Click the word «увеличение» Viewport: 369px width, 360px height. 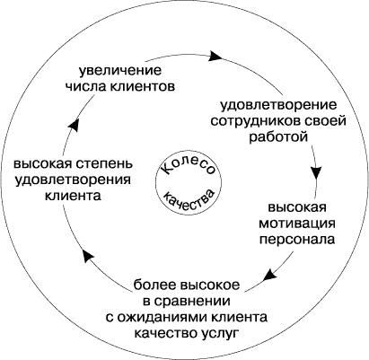click(120, 71)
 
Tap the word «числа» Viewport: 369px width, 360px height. click(82, 87)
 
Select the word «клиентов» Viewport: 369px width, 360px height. click(139, 87)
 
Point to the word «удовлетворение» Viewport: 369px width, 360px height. click(278, 106)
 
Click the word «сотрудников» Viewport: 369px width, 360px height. click(254, 122)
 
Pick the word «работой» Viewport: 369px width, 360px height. click(278, 137)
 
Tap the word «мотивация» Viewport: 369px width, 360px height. click(297, 224)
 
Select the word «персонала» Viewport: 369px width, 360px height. click(297, 240)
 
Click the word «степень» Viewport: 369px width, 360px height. click(106, 165)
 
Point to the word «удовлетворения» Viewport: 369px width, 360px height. click(73, 180)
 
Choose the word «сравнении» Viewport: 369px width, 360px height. click(192, 302)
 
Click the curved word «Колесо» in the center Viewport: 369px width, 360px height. click(189, 168)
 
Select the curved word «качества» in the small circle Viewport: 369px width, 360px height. click(189, 199)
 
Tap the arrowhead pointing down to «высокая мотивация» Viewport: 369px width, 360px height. click(316, 173)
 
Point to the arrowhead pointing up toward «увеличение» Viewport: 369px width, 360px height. click(74, 124)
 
